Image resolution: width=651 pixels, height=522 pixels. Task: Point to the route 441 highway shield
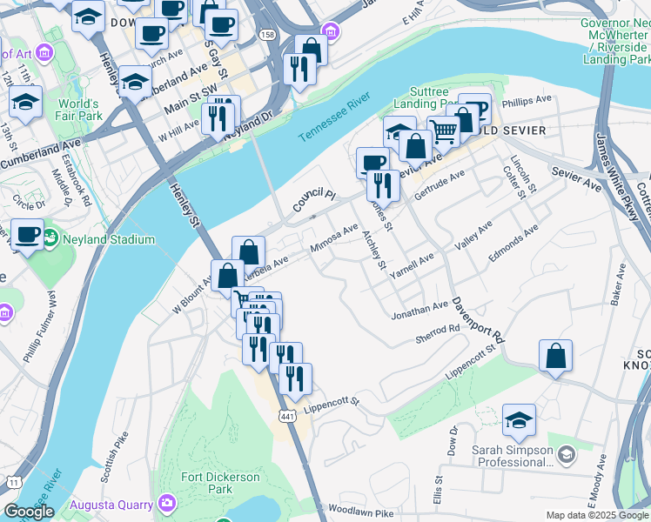[285, 418]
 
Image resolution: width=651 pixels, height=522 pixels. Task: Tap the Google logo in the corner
[29, 512]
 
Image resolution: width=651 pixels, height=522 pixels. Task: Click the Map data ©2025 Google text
[596, 515]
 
